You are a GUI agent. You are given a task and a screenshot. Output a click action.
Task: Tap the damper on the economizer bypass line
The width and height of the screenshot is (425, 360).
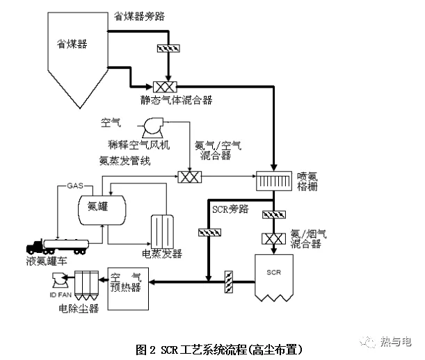click(x=168, y=49)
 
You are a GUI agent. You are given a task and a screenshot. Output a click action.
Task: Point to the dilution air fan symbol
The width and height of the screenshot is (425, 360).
click(x=152, y=126)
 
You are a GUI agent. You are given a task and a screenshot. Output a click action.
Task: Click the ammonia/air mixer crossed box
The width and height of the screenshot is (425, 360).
click(x=189, y=177)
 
